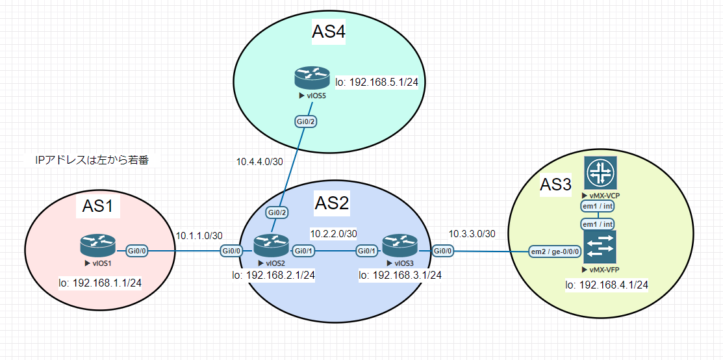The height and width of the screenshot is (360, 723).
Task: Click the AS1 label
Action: (98, 206)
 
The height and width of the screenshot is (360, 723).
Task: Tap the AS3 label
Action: (555, 185)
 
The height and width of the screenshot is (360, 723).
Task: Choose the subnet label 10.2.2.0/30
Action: (333, 233)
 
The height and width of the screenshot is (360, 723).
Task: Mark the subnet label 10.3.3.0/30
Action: (472, 233)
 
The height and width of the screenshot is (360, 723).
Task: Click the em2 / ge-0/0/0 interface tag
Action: (555, 251)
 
